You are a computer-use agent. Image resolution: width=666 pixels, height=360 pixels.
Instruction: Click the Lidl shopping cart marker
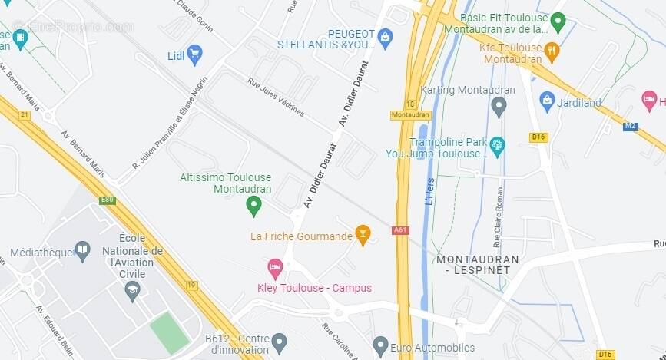tap(194, 54)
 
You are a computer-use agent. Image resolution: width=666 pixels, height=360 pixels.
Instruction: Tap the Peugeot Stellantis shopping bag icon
tap(385, 36)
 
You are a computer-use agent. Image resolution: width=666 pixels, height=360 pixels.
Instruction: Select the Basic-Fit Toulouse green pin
tap(558, 21)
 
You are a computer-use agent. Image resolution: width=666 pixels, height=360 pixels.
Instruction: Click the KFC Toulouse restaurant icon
tap(551, 51)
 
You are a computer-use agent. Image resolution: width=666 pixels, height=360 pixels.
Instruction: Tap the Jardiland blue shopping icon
tap(547, 98)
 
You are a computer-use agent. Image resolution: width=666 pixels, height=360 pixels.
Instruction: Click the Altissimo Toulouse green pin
tap(253, 205)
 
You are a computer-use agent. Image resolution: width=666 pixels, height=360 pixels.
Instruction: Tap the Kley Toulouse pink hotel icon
tap(275, 268)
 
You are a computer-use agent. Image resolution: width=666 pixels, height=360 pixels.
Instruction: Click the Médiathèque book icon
tap(82, 250)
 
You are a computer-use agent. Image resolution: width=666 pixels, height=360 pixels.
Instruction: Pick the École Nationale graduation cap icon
tap(133, 291)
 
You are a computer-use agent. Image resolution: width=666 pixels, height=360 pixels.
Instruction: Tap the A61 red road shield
tap(401, 230)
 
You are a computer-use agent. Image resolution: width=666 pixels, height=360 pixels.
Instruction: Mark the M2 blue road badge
tap(630, 126)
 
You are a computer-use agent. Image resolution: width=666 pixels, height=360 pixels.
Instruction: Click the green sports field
tap(168, 332)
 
